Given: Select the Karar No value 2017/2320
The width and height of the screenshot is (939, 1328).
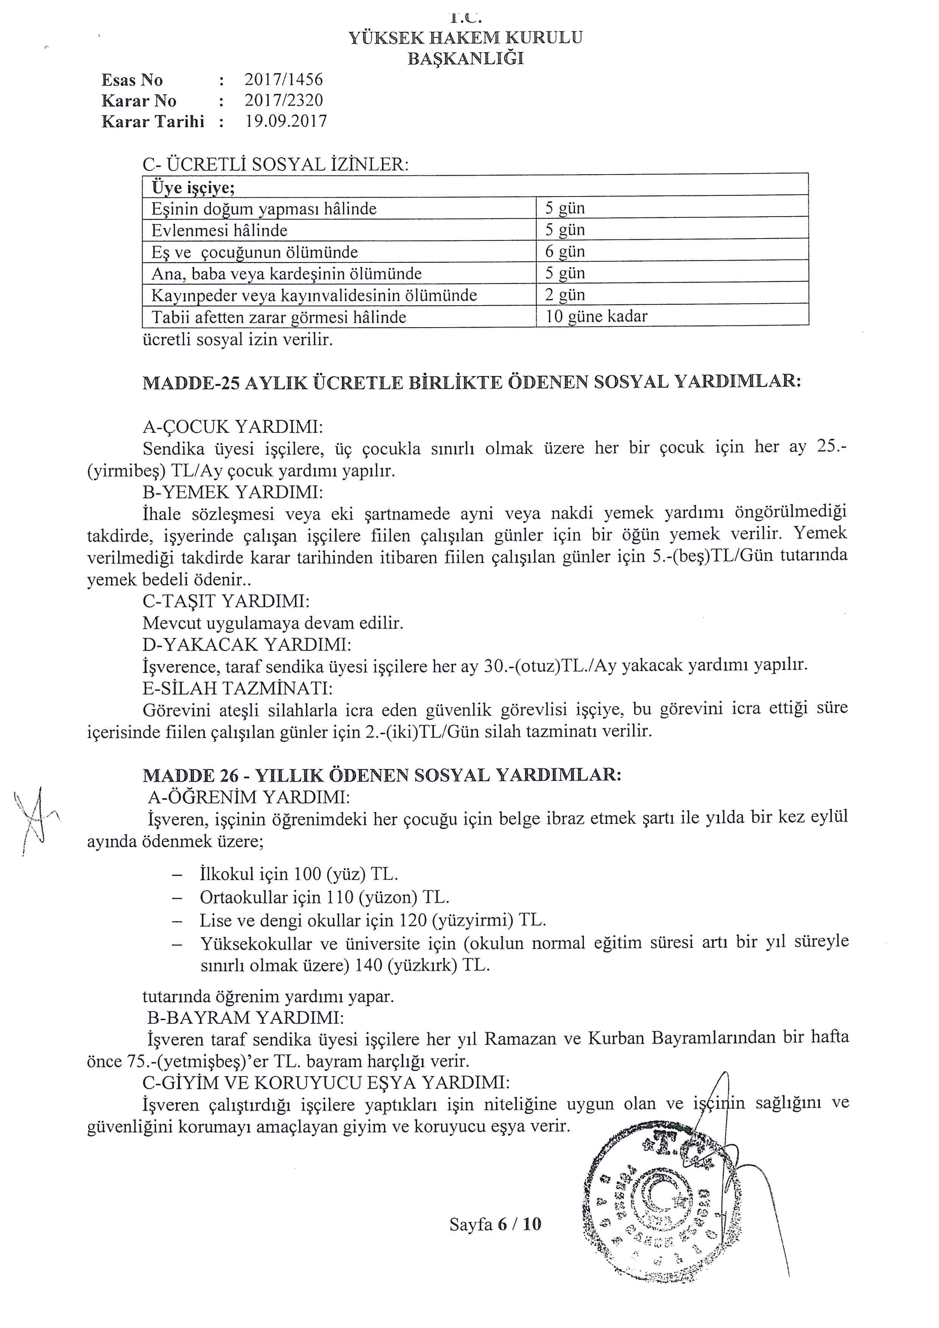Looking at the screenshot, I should (283, 101).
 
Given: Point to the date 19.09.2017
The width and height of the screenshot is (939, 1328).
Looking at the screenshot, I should (285, 122).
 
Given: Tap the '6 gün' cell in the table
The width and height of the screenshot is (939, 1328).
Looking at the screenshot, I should (565, 251).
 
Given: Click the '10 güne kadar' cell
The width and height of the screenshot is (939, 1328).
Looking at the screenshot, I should (596, 317).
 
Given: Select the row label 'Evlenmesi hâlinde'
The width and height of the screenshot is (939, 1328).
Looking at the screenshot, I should (219, 231).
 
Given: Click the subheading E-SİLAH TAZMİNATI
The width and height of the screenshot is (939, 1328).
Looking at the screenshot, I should (237, 688).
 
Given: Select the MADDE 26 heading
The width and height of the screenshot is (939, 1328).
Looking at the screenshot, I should (382, 775).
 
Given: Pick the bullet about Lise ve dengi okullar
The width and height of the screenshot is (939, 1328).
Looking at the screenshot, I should (372, 920).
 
